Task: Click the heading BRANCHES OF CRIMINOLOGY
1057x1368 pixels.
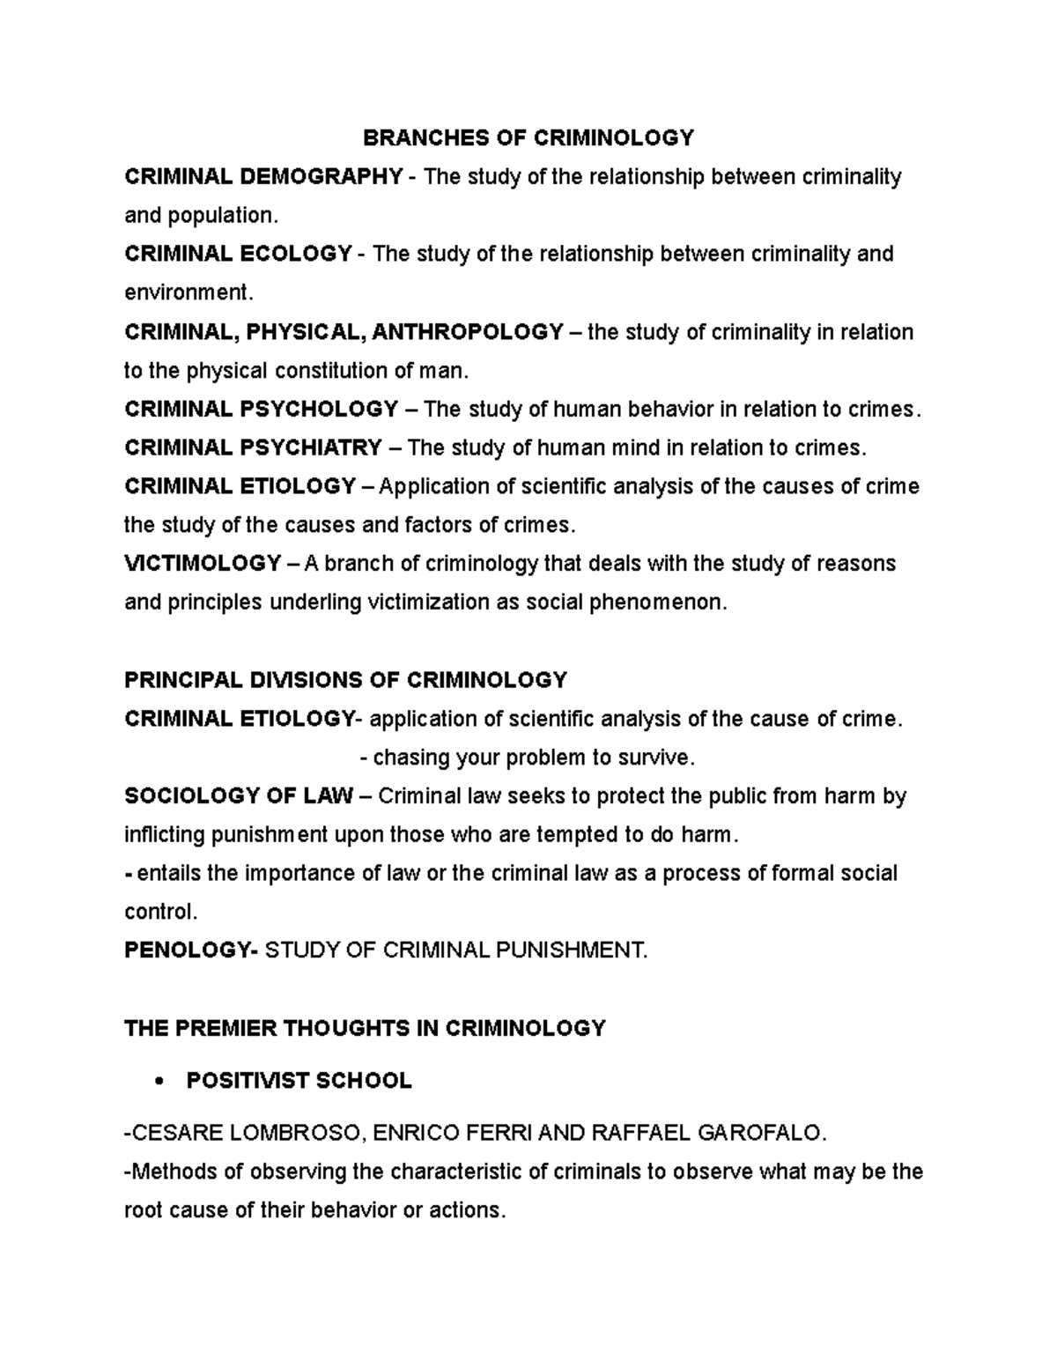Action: coord(528,138)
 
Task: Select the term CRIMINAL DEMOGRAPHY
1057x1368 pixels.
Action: coord(263,177)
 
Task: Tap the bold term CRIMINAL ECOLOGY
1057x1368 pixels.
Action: coord(238,255)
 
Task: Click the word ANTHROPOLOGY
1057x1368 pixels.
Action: coord(468,332)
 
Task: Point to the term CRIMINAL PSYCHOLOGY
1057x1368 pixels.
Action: coord(262,410)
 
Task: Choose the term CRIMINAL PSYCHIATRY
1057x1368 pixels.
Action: coord(254,448)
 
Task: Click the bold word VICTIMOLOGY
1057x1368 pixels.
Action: coord(203,564)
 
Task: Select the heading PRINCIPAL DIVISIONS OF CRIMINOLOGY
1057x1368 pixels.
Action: coord(345,680)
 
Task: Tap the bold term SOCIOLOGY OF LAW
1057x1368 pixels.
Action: coord(239,796)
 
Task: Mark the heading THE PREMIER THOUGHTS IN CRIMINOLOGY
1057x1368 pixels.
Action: coord(365,1028)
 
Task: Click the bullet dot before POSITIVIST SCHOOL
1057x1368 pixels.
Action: coord(159,1083)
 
